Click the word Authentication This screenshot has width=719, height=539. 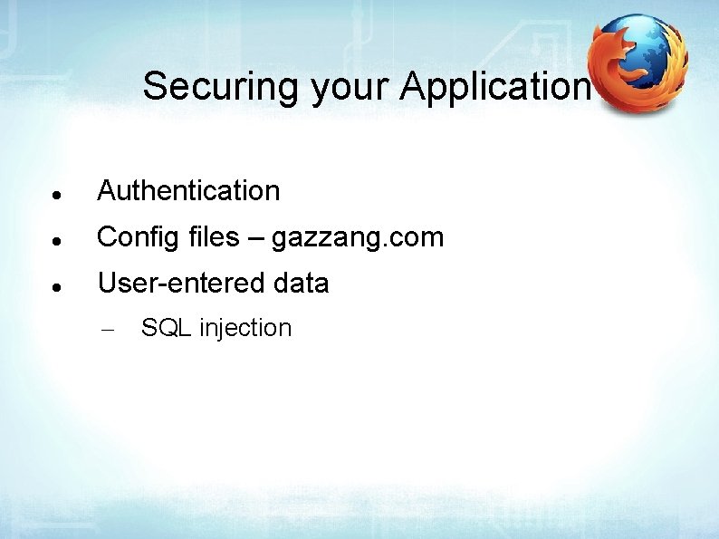(x=188, y=191)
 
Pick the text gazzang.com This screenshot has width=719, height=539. (x=358, y=238)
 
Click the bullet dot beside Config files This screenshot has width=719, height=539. (x=56, y=242)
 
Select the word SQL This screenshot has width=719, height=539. (x=166, y=328)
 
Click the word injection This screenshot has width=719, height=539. (x=245, y=328)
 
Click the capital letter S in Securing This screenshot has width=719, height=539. (x=156, y=87)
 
